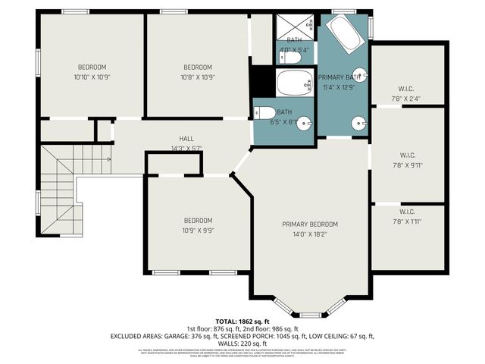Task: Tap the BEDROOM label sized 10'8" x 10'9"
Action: pos(197,67)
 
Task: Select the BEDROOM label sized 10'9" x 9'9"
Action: pos(198,221)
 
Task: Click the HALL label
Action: pos(186,138)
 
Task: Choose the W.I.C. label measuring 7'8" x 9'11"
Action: pos(406,155)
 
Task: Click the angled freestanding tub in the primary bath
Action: pos(345,36)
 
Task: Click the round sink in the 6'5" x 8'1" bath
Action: pos(304,124)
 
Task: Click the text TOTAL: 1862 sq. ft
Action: pos(242,321)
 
